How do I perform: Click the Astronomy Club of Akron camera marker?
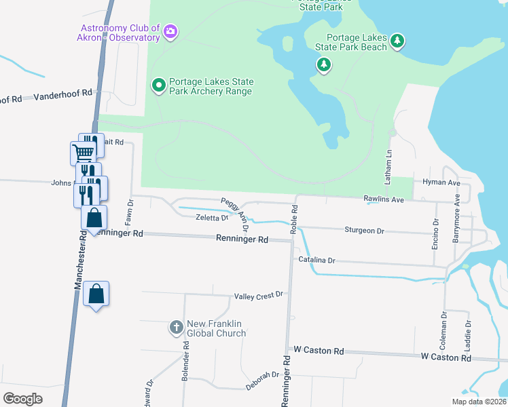170,31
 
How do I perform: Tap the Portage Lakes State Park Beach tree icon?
398,42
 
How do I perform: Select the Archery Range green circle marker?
159,85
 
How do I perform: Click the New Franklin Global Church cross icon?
176,328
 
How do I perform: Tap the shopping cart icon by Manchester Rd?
83,152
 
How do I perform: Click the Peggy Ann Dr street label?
235,210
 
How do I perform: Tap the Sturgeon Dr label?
364,231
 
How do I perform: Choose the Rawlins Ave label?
384,199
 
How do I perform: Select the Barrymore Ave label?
457,218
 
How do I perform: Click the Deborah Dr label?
263,375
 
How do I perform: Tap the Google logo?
22,398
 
